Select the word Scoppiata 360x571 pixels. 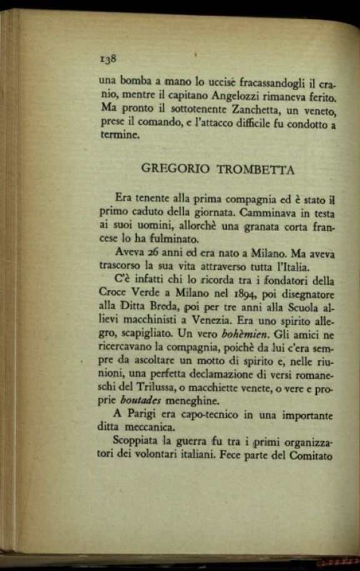pyautogui.click(x=139, y=443)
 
